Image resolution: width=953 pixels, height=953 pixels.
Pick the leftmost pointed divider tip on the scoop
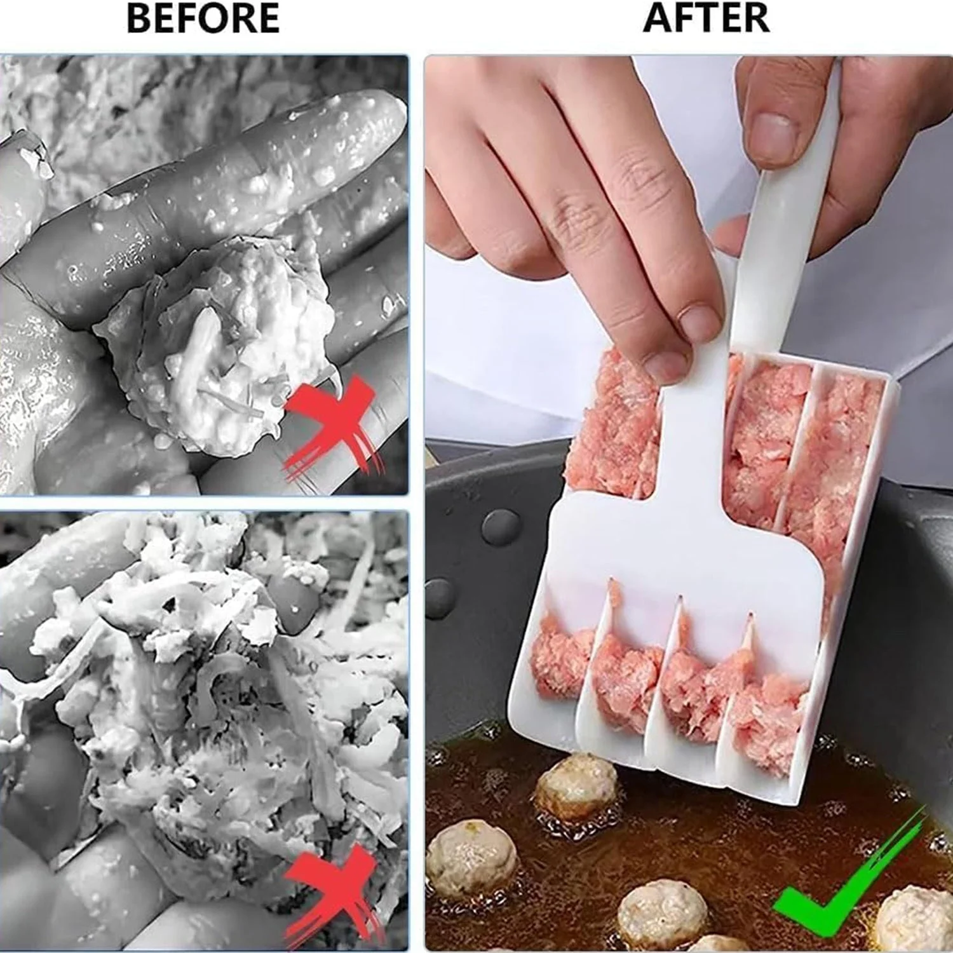(611, 582)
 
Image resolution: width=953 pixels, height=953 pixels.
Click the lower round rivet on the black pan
(440, 598)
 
